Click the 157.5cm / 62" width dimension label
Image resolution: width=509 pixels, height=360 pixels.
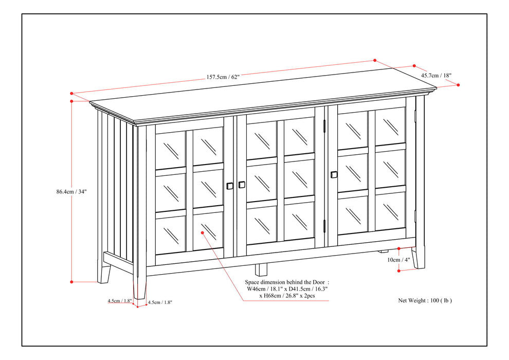pos(223,77)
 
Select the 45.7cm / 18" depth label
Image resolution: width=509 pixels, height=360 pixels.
pos(436,75)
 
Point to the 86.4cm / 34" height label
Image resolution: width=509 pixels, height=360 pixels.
pos(71,191)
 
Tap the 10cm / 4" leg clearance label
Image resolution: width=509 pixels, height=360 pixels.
pos(399,260)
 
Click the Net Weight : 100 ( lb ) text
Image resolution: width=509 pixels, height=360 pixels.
pos(425,300)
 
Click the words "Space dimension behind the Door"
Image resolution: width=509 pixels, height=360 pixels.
pos(284,282)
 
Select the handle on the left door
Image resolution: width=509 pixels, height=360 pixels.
pos(229,186)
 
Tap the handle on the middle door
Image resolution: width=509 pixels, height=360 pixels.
pos(242,185)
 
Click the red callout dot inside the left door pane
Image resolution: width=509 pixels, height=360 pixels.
pos(203,232)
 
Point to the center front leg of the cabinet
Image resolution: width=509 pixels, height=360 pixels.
pos(261,269)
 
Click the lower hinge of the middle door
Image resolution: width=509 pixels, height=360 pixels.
pos(324,225)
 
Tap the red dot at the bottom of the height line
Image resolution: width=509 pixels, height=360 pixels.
pos(71,281)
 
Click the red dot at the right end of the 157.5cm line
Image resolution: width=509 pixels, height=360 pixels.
pos(375,60)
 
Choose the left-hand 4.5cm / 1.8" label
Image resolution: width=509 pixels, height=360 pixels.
pos(119,301)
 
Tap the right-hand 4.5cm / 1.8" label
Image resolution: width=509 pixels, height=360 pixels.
pos(160,302)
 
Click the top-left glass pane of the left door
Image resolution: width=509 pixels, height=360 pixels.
pos(170,149)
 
